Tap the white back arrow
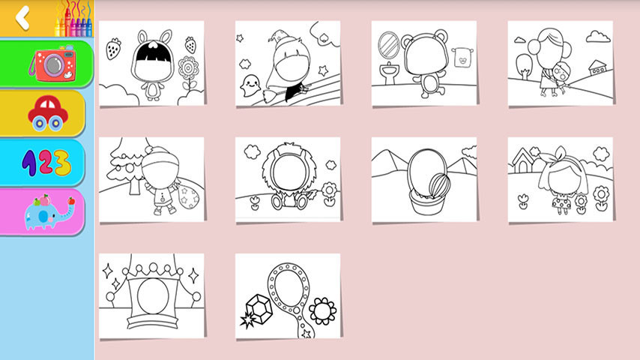tap(22, 18)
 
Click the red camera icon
tap(52, 63)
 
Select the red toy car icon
tap(48, 113)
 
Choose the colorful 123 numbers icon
tap(46, 163)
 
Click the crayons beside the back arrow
tap(74, 19)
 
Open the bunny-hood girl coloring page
tap(151, 63)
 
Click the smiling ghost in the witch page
tap(250, 85)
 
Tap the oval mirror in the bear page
tap(388, 45)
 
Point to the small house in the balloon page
tap(597, 67)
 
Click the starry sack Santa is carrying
tap(188, 197)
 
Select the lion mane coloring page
tap(288, 180)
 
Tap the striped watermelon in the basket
tap(440, 185)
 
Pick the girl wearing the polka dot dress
tap(563, 181)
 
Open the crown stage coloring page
tap(151, 295)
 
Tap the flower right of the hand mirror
tap(323, 311)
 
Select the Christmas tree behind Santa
tap(127, 166)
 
